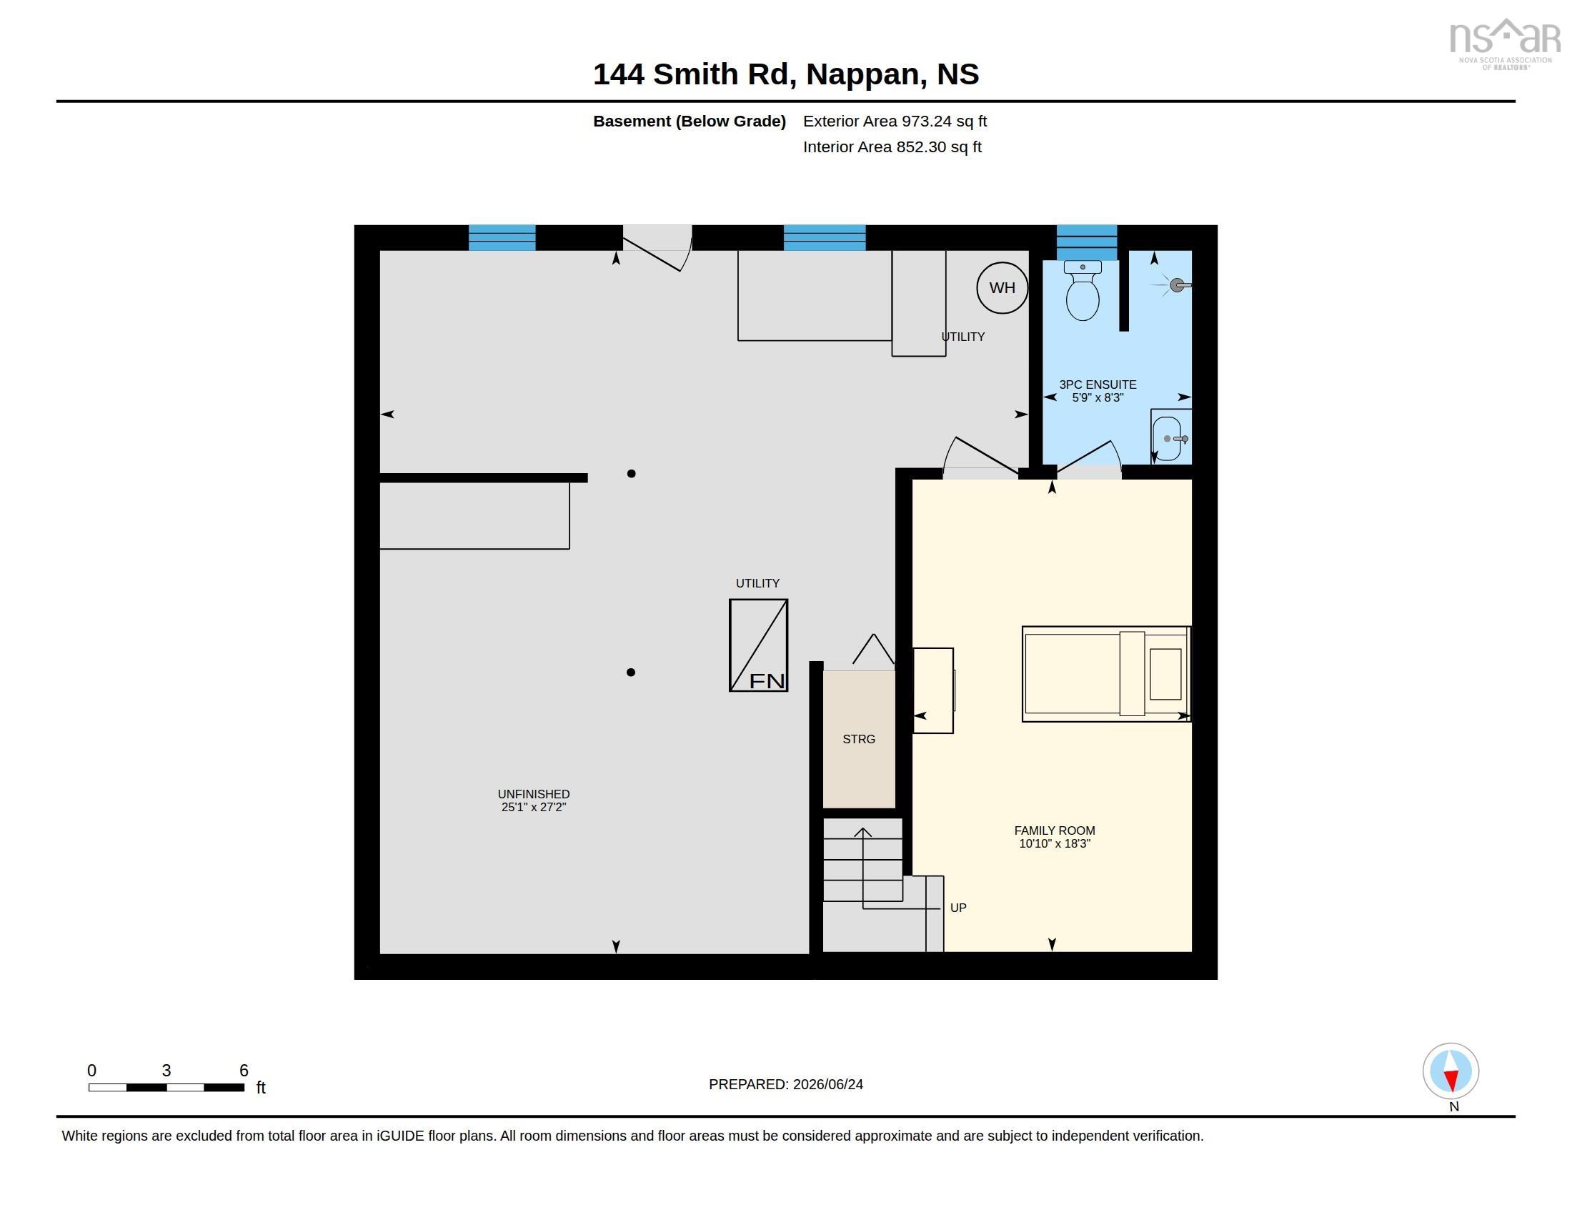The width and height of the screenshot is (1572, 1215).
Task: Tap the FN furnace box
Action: pyautogui.click(x=758, y=645)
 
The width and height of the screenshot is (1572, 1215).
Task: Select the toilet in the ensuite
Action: pyautogui.click(x=1082, y=290)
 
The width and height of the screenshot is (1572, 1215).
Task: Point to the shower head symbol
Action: pyautogui.click(x=1176, y=285)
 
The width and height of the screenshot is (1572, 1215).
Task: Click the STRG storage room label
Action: pyautogui.click(x=859, y=739)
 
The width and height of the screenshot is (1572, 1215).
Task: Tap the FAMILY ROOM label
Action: pyautogui.click(x=1055, y=830)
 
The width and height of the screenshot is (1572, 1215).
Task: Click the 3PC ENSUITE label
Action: pyautogui.click(x=1098, y=385)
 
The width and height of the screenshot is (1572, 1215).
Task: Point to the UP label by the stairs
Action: pyautogui.click(x=958, y=908)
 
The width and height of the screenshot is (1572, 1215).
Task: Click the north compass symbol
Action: pyautogui.click(x=1451, y=1071)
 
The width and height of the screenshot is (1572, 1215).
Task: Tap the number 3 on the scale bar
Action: pyautogui.click(x=166, y=1071)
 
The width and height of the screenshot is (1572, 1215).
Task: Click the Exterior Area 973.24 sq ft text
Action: pyautogui.click(x=895, y=121)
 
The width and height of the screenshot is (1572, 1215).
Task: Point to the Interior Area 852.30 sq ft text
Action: pyautogui.click(x=892, y=147)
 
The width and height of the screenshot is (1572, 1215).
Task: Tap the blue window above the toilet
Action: pyautogui.click(x=1086, y=242)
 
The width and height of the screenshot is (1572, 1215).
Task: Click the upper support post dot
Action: pyautogui.click(x=631, y=474)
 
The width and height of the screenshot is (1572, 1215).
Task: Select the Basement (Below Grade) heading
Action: pyautogui.click(x=689, y=121)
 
